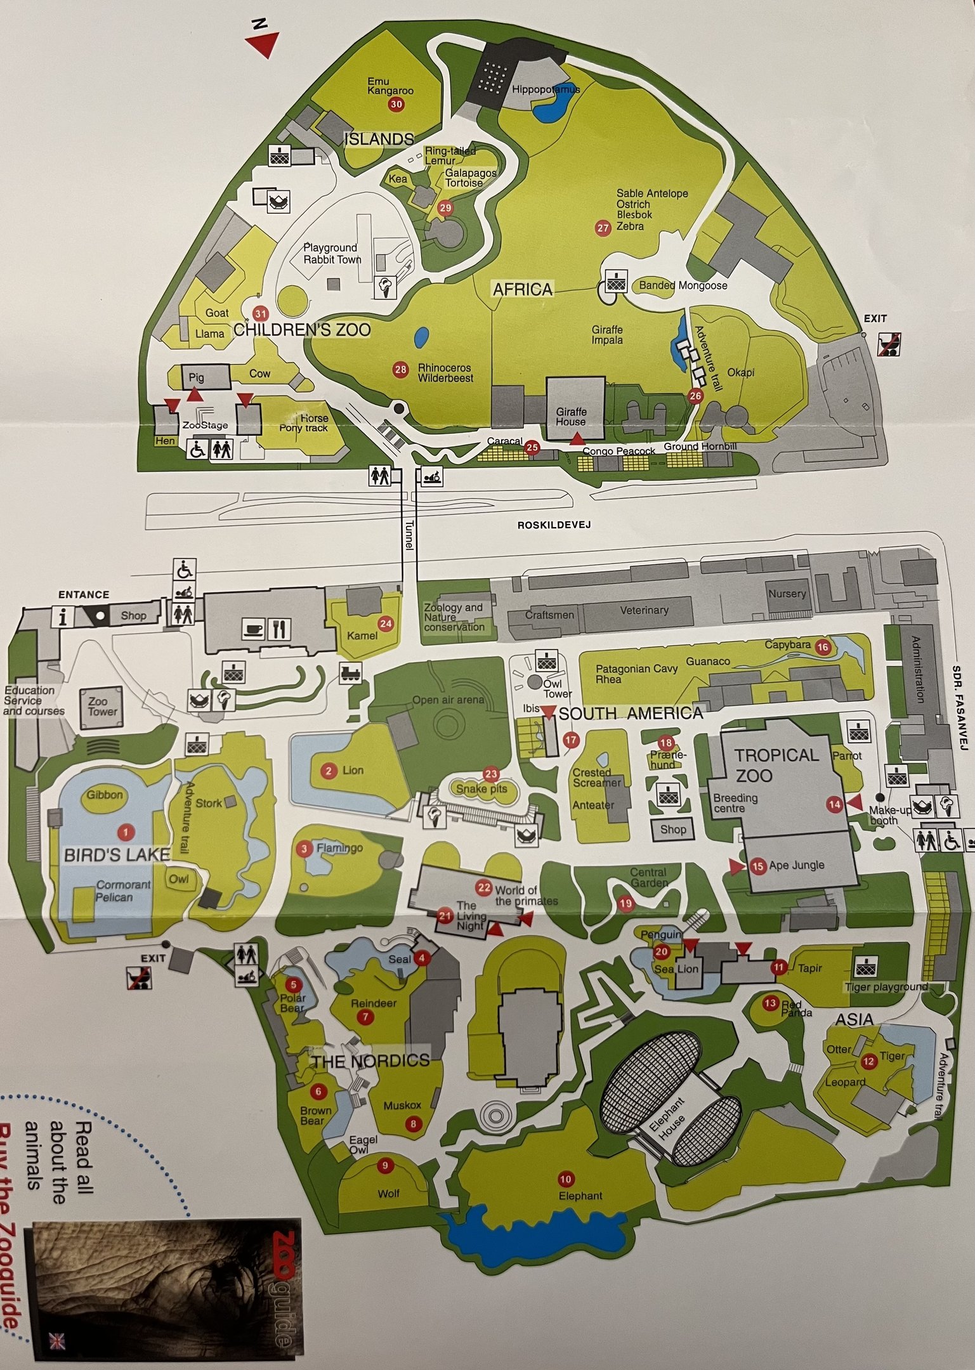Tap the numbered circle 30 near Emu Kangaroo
coord(396,105)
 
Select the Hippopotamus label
coord(546,89)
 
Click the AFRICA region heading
coord(523,289)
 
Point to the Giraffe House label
coord(571,417)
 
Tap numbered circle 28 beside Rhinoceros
coord(400,370)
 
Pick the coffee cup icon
coord(254,630)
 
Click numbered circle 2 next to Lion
coord(328,771)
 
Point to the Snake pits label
coord(481,788)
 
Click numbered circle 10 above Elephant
coord(565,1196)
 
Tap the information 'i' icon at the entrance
coord(63,617)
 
